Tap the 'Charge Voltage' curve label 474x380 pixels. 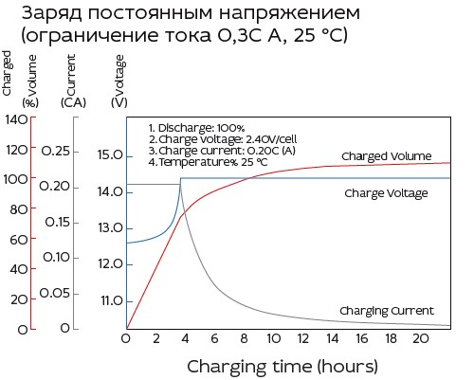coord(386,193)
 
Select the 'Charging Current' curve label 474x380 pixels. coord(386,311)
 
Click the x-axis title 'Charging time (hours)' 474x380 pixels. coord(282,366)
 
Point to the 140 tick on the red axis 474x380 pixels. coord(16,119)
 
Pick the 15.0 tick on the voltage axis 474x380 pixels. coord(111,155)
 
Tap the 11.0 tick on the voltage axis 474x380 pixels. coord(111,300)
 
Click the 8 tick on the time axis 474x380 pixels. coord(244,338)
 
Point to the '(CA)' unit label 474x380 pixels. coord(73,102)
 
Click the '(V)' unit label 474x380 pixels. coord(118,102)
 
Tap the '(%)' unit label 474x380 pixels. coord(31,102)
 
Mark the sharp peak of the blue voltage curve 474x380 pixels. coord(180,178)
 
